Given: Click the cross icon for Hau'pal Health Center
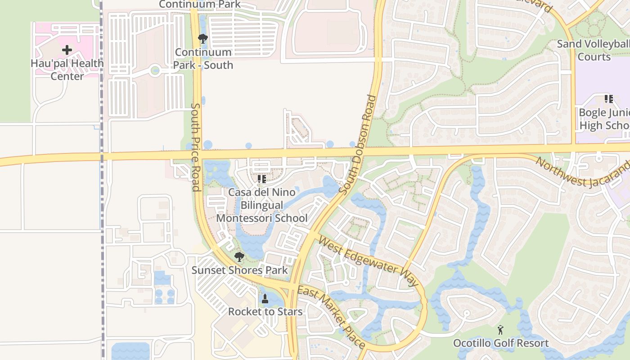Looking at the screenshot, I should [67, 49].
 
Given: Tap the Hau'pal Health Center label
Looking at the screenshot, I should [67, 70].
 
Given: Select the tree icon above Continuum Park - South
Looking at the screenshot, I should [203, 39].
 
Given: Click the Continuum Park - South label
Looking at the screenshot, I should [203, 58].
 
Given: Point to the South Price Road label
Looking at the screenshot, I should [196, 147].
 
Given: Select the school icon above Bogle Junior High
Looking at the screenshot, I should [608, 99].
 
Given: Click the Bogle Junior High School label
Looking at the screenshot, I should [605, 119].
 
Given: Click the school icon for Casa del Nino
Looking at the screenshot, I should [262, 179].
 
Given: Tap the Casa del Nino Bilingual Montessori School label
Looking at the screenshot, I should [262, 205].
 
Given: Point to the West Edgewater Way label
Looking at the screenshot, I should [368, 261].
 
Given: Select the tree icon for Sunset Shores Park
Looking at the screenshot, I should [239, 257].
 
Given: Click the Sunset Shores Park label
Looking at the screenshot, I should [239, 270].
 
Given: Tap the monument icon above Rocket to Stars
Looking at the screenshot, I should [265, 298].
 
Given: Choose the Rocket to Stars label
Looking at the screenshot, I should [265, 311].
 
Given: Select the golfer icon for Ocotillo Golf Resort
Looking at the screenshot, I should [500, 330].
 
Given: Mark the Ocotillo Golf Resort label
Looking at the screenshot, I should [500, 343].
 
